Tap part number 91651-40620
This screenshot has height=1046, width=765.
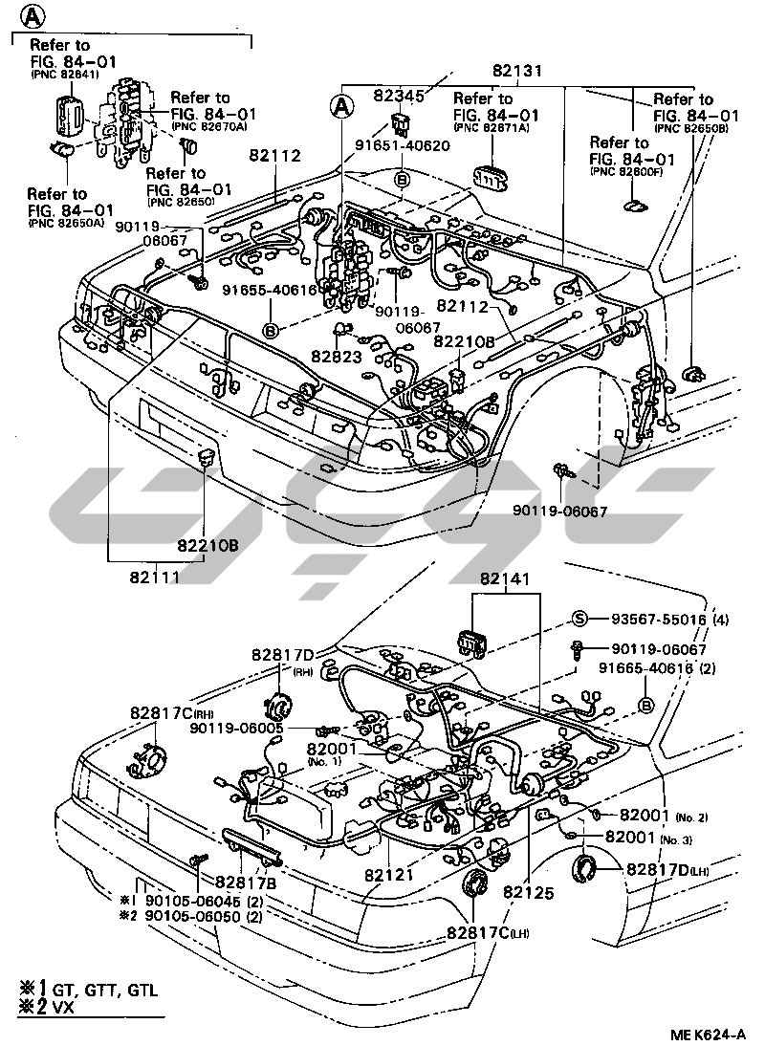(x=402, y=145)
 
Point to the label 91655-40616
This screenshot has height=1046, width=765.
(x=269, y=291)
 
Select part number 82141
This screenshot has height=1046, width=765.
(x=504, y=579)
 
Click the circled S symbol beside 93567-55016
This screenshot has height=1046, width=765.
(x=579, y=620)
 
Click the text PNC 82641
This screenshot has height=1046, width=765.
(x=64, y=75)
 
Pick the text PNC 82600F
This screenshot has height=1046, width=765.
(x=628, y=171)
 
